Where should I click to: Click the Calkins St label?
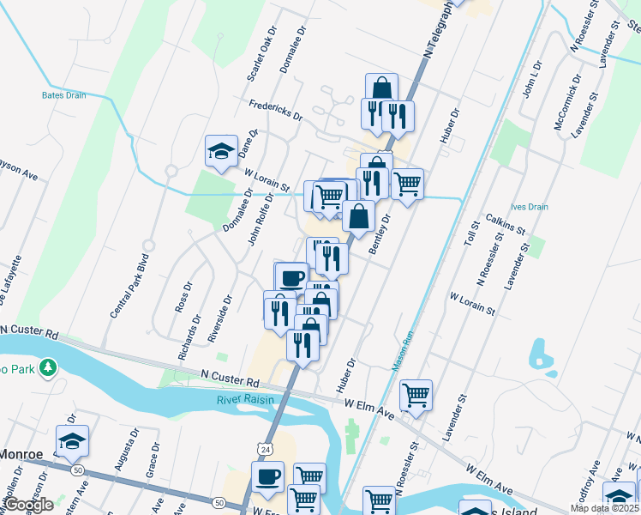504,225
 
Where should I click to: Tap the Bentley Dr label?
379,233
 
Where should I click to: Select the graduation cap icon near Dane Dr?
221,152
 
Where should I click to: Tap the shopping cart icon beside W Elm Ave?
416,395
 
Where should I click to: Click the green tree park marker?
49,367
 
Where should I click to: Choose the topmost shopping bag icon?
381,87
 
